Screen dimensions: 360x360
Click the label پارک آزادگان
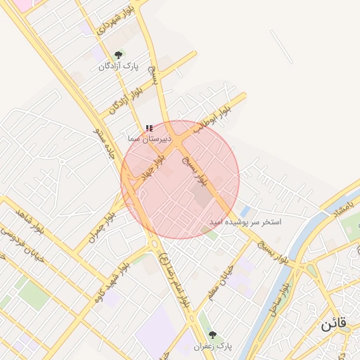pos(118,66)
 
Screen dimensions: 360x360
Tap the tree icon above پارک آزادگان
pos(118,55)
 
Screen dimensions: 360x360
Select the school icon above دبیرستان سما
pos(148,128)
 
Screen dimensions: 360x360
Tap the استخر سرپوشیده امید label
pos(245,221)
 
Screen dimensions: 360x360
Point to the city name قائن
pos(335,326)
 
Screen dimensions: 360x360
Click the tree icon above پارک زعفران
pos(212,335)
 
